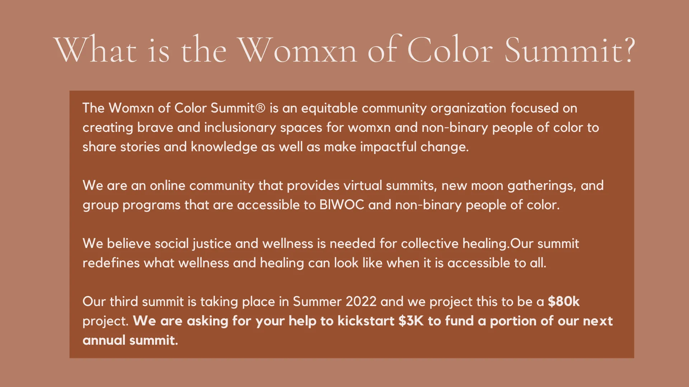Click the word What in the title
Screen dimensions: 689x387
(95, 49)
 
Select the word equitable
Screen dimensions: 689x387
(329, 109)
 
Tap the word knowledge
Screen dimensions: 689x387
(224, 147)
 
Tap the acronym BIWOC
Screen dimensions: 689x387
(342, 205)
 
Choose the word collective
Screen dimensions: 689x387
(430, 244)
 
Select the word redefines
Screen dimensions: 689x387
(111, 263)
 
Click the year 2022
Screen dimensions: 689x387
(361, 302)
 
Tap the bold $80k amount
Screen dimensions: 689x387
(563, 302)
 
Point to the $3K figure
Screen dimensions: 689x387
(411, 321)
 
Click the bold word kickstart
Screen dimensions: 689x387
(366, 321)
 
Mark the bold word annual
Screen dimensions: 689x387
(104, 340)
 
